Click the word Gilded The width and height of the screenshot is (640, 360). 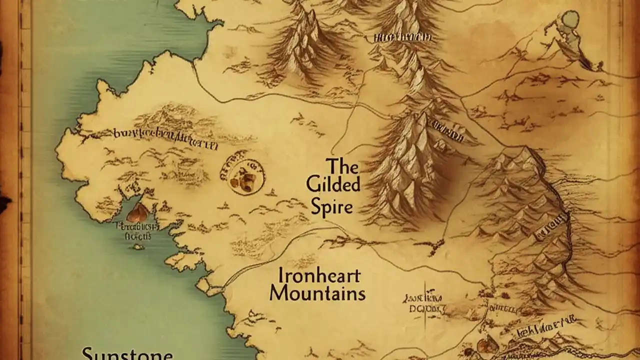[x=333, y=184]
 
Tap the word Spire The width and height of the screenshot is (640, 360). [x=331, y=206]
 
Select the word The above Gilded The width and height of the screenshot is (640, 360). [x=342, y=165]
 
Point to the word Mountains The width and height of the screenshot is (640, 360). [x=317, y=293]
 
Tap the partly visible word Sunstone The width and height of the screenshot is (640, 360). [x=127, y=354]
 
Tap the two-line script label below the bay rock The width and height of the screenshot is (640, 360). [x=134, y=230]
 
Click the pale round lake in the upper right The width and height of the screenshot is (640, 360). [x=569, y=20]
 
